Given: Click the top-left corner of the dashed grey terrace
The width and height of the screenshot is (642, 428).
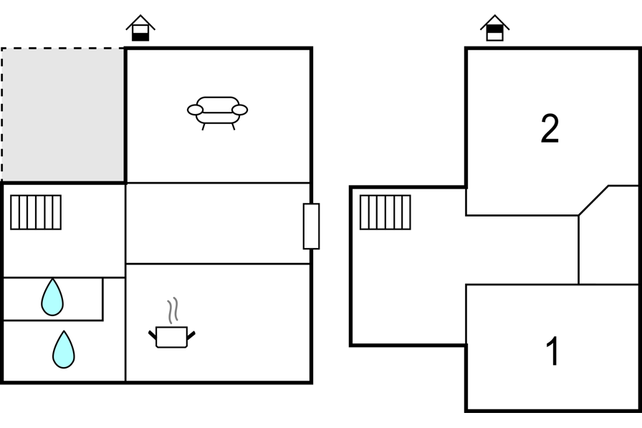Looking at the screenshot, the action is click(1, 48).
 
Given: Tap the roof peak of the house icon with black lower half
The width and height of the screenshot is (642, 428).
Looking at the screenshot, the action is click(140, 16).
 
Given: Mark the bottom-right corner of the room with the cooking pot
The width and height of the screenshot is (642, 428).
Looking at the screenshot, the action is click(311, 382).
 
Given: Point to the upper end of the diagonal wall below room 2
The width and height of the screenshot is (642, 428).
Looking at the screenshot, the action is click(608, 186).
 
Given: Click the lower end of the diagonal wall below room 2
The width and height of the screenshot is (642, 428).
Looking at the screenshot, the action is click(578, 215).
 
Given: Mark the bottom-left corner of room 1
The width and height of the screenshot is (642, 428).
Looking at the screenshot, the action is click(466, 410).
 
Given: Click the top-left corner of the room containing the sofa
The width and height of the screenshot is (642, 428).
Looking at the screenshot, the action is click(125, 48).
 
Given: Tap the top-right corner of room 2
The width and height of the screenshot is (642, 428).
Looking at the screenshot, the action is click(641, 48).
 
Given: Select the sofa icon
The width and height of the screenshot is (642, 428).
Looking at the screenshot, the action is click(217, 113).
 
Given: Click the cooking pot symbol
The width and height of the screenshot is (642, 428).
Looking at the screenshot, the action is click(171, 337).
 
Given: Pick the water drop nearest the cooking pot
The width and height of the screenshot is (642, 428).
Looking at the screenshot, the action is click(64, 349).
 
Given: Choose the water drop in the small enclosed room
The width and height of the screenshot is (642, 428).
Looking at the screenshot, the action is click(52, 297).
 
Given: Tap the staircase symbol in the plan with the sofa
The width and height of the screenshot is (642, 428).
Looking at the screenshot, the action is click(36, 212).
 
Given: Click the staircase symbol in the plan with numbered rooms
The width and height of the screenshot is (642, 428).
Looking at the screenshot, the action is click(385, 212).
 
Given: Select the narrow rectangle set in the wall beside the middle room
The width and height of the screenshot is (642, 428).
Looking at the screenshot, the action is click(311, 226).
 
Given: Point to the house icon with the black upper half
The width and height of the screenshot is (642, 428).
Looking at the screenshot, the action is click(494, 28).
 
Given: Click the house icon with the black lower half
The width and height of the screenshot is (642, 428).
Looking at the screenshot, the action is click(140, 28).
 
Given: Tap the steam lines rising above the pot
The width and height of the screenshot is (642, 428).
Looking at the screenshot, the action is click(173, 310).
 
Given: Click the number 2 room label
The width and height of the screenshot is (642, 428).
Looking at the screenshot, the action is click(550, 128).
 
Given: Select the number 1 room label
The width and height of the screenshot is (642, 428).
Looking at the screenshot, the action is click(552, 351).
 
